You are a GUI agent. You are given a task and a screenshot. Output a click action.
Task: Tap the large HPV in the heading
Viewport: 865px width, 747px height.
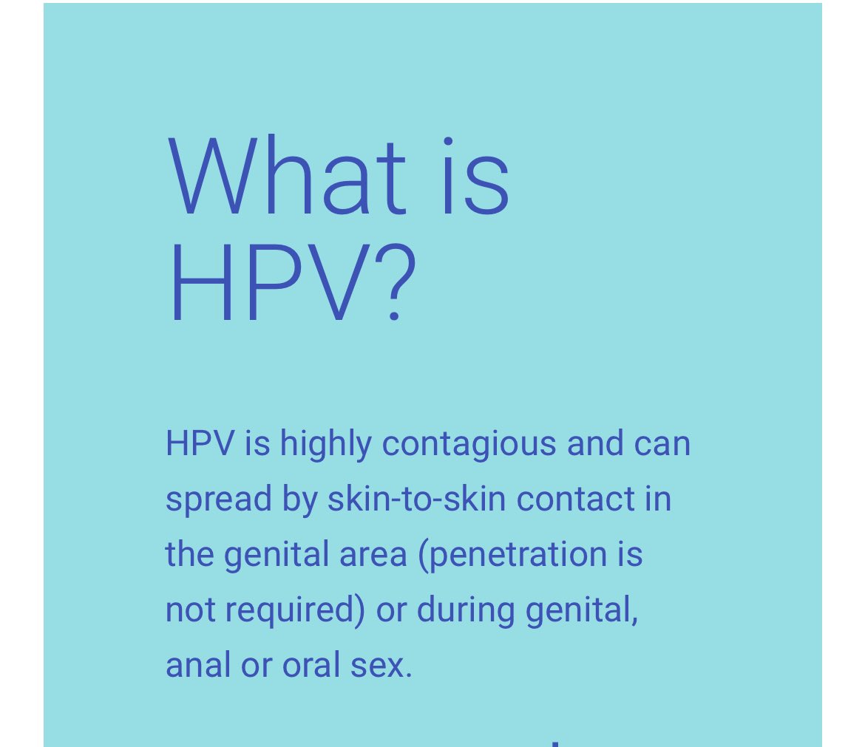pyautogui.click(x=270, y=284)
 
